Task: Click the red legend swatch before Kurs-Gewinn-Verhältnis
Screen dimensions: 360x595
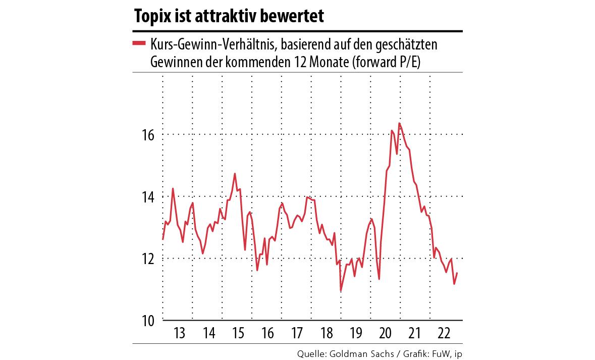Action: click(139, 44)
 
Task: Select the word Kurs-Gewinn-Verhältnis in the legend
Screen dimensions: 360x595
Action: click(211, 45)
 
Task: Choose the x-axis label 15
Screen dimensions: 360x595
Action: click(238, 334)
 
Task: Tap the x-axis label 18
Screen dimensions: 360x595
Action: click(327, 334)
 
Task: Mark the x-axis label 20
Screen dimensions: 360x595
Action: click(386, 334)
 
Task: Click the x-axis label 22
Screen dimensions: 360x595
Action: click(445, 334)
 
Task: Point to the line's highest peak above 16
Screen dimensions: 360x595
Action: click(399, 123)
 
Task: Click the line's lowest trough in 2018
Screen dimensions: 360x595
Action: click(341, 291)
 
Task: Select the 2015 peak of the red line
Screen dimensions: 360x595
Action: click(235, 174)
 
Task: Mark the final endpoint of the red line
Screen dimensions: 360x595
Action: click(457, 273)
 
